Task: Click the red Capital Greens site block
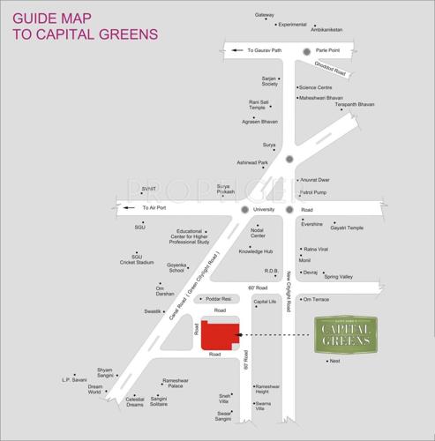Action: point(219,334)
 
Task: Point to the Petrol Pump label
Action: point(313,191)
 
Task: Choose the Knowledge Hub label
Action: point(256,251)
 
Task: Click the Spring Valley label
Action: point(338,277)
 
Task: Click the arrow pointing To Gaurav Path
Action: point(236,50)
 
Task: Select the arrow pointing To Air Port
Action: point(131,208)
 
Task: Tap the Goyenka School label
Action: point(176,267)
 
